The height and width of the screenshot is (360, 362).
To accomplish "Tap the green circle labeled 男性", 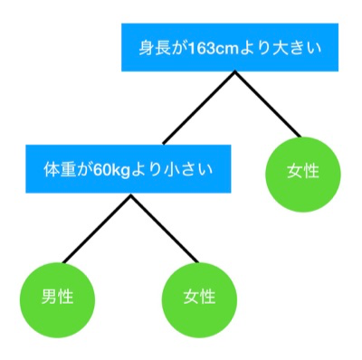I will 57,296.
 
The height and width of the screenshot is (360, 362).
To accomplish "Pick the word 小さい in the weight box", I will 198,168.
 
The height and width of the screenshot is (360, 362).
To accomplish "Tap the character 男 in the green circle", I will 49,296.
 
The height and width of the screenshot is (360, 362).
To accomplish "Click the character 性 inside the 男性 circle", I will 66,296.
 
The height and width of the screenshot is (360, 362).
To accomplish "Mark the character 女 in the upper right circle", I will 293,171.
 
